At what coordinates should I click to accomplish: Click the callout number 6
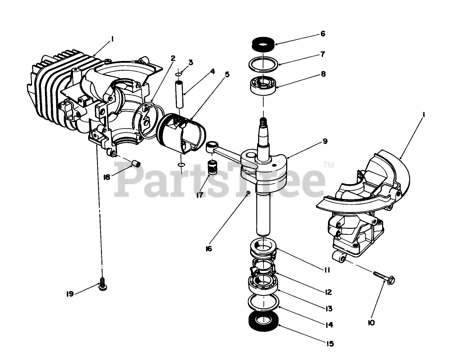tap(323, 34)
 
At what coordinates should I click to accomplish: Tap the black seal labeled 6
tap(263, 44)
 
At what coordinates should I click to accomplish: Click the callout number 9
tap(325, 142)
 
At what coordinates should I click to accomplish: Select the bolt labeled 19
tap(102, 283)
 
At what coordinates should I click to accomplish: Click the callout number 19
tap(69, 294)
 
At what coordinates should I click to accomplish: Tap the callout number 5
tap(227, 74)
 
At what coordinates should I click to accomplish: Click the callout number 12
tap(328, 292)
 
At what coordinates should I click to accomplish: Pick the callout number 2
tap(173, 58)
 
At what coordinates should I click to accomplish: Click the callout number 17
tap(199, 194)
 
